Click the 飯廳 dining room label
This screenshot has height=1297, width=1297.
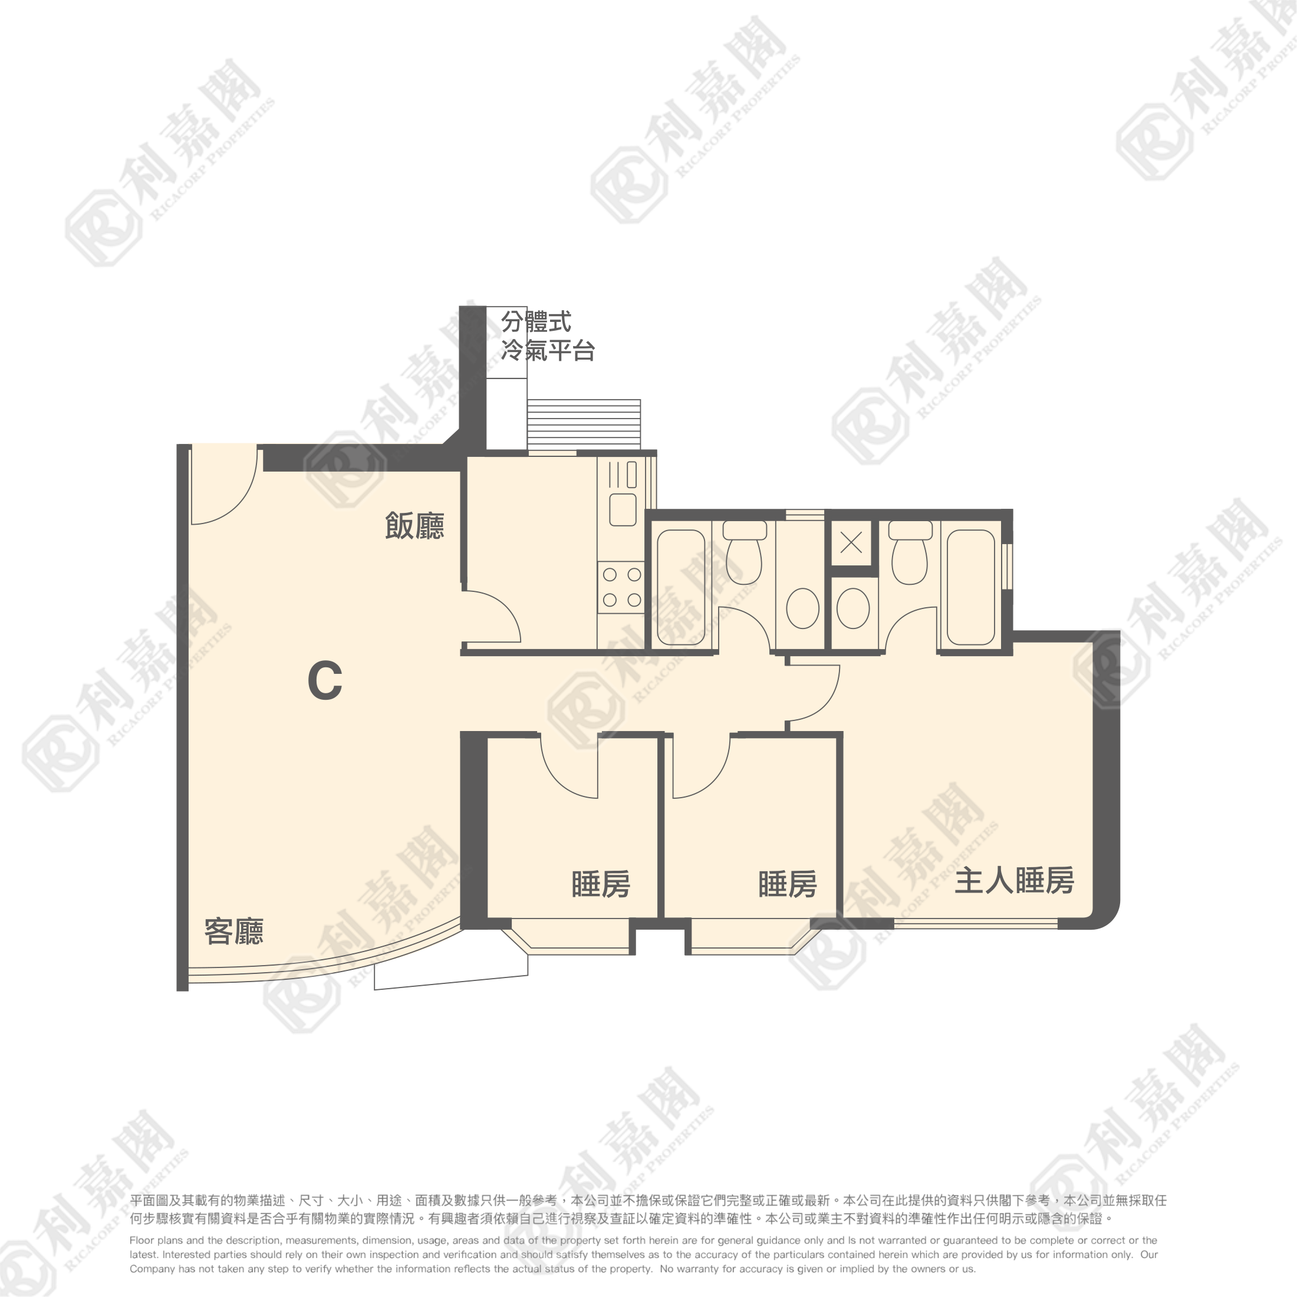click(x=414, y=526)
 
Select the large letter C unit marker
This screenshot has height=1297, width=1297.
click(x=325, y=681)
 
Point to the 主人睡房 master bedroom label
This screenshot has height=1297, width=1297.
click(x=1013, y=880)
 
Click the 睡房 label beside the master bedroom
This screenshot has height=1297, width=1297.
click(x=788, y=884)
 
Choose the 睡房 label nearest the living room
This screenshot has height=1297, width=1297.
click(x=601, y=884)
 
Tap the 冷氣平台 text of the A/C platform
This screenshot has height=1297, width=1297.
click(x=548, y=350)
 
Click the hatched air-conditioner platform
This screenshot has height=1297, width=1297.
click(x=584, y=424)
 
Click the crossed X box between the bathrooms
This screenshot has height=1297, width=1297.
click(x=851, y=542)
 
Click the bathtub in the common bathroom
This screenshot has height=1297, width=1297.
click(x=681, y=587)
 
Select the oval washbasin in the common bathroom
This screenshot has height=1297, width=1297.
click(x=802, y=608)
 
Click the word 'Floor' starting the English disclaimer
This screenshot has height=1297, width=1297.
click(x=141, y=1240)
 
